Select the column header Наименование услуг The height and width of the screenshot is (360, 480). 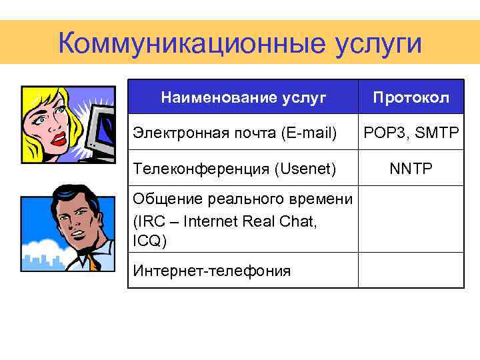(x=243, y=98)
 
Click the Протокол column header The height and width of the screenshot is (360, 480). (x=411, y=98)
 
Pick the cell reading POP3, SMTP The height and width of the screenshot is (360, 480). (x=411, y=133)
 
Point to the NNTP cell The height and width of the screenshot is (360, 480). (x=411, y=169)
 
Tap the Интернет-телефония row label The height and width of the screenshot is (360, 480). (x=212, y=270)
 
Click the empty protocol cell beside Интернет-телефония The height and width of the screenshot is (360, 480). (x=411, y=270)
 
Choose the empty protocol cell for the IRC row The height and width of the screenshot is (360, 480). (x=411, y=219)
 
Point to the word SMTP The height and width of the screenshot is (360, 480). (x=437, y=133)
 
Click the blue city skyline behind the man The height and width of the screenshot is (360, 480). (x=37, y=257)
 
